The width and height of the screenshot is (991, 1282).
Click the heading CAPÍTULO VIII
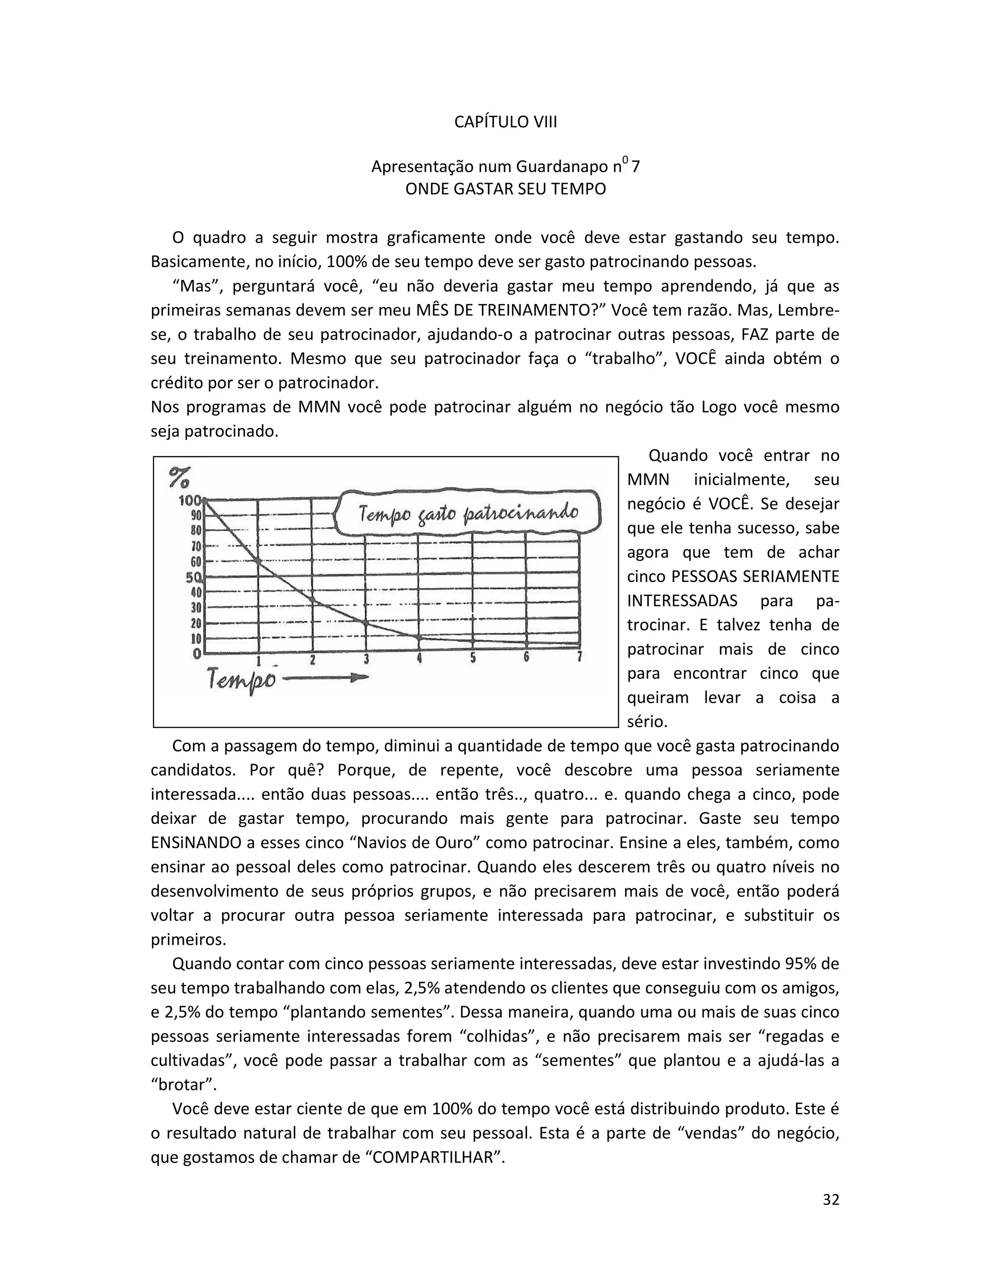(506, 122)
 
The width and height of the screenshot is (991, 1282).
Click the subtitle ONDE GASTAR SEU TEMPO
(506, 189)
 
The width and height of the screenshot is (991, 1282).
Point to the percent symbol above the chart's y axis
(179, 477)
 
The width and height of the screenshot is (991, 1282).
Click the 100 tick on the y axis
(190, 501)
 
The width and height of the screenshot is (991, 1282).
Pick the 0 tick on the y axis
(198, 653)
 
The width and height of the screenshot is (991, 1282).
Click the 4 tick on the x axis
(419, 658)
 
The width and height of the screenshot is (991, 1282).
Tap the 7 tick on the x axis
(579, 657)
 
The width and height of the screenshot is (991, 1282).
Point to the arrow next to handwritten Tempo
(326, 678)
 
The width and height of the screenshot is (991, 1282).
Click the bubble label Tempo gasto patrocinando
(468, 514)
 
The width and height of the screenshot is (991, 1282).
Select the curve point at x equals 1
(259, 561)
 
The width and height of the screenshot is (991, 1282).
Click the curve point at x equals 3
(366, 623)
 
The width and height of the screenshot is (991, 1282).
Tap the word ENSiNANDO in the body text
(196, 843)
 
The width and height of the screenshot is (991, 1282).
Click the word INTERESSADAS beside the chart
(682, 601)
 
